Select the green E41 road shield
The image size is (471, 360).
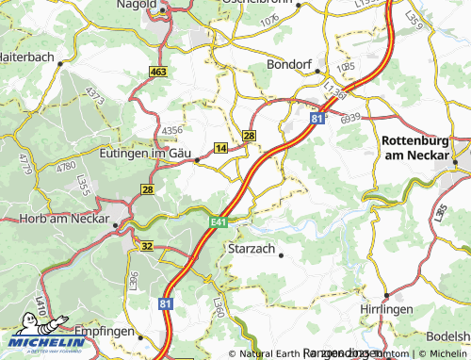[217, 221]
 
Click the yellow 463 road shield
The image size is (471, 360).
[157, 72]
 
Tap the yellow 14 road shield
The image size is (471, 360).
[220, 149]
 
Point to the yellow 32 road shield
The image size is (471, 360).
[147, 245]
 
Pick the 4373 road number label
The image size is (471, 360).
[94, 95]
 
